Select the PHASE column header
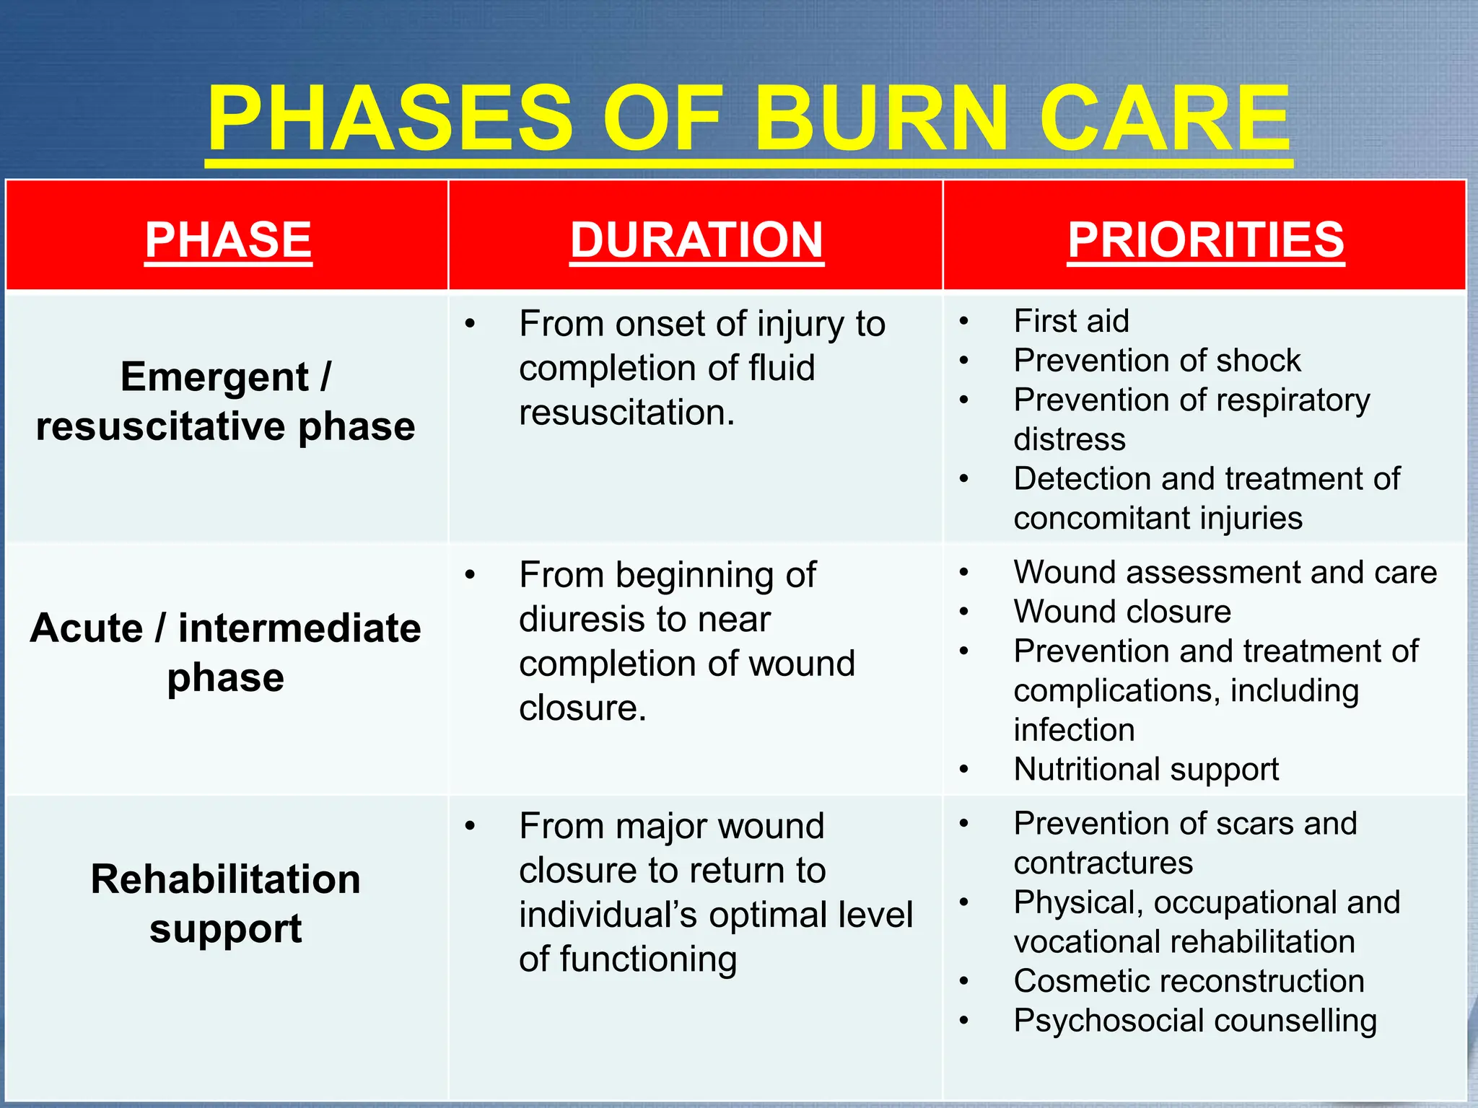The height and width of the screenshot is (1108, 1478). [x=228, y=239]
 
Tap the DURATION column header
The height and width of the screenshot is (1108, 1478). [x=696, y=239]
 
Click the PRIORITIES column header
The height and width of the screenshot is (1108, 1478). [x=1205, y=239]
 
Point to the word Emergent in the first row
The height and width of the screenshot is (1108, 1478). [x=214, y=377]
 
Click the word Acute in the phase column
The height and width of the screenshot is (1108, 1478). [x=87, y=628]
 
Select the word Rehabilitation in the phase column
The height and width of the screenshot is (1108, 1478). [x=225, y=879]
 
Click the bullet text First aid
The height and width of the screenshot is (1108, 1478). [x=1071, y=321]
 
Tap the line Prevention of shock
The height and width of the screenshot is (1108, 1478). [x=1156, y=361]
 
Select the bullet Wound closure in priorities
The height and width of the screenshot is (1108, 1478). [x=1121, y=612]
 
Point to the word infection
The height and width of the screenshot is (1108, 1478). [x=1073, y=730]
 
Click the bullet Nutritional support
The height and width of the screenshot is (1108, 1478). [x=1145, y=770]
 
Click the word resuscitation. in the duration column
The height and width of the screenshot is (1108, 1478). [x=626, y=413]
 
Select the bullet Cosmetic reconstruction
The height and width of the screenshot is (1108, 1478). [x=1188, y=981]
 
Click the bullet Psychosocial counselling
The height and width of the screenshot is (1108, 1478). [x=1194, y=1021]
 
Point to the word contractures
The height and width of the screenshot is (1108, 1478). [x=1103, y=863]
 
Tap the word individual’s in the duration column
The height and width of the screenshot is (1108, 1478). [x=608, y=915]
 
